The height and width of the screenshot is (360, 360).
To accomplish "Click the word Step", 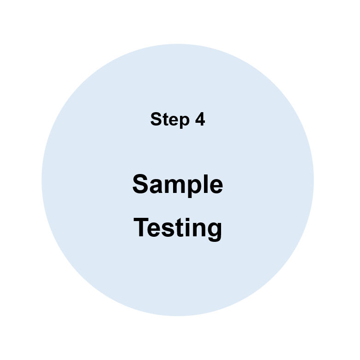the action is click(x=170, y=120).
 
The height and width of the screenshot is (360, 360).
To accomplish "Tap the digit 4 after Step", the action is click(x=200, y=119).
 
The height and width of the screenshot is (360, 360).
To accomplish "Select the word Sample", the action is click(x=178, y=185).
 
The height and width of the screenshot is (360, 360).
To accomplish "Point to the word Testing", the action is click(x=178, y=229).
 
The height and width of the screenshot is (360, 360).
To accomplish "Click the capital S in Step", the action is click(x=156, y=119).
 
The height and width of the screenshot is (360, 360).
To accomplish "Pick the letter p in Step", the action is click(x=184, y=122).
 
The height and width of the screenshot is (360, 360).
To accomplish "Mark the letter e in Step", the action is click(x=173, y=120).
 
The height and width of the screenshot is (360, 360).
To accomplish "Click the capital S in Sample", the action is click(x=140, y=184).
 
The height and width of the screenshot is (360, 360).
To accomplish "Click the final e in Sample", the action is click(x=216, y=186).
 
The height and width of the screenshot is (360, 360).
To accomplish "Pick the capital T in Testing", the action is click(x=141, y=227).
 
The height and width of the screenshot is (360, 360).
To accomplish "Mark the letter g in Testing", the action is click(x=215, y=232).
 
